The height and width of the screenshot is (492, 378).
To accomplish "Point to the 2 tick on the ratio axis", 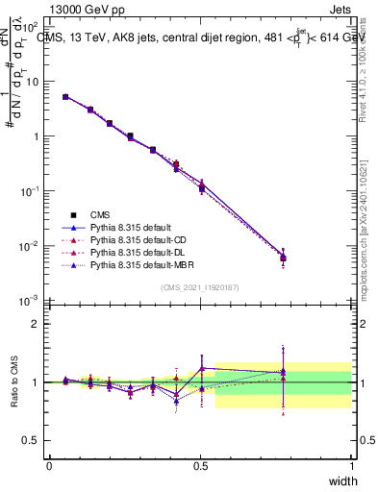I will pyautogui.click(x=36, y=323).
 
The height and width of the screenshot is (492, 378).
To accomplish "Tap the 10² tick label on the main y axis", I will pyautogui.click(x=33, y=27).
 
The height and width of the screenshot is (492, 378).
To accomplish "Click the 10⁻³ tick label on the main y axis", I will pyautogui.click(x=33, y=302).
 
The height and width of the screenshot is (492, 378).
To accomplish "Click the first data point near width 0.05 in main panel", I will pyautogui.click(x=65, y=97).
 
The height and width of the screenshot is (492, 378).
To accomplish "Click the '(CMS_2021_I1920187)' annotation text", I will pyautogui.click(x=200, y=287).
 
